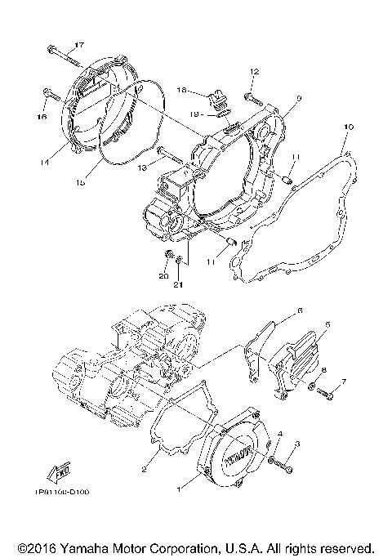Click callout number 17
point(79,44)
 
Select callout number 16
point(42,116)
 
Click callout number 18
point(181,90)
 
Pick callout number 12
point(254,71)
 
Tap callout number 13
point(140,167)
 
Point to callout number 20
point(163,277)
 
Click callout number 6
point(299,311)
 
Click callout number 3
point(298,444)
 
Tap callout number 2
point(144,469)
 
